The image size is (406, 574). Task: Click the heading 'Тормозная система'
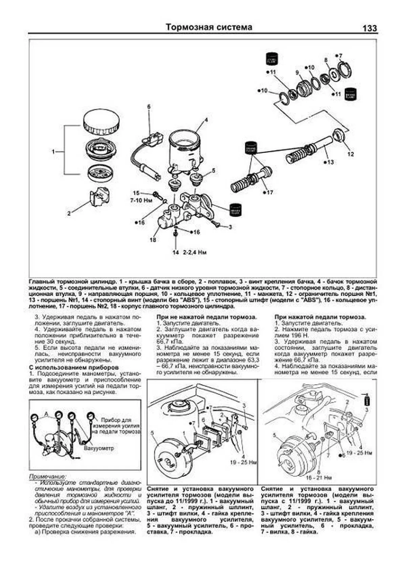[209, 27]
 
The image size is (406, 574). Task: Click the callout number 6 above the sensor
[149, 107]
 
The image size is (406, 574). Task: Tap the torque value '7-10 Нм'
[143, 200]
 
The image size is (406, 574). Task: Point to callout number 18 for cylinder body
[153, 240]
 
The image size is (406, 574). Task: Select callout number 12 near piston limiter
[351, 154]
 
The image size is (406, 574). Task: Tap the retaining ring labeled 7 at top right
[345, 67]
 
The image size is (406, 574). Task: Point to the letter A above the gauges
[47, 413]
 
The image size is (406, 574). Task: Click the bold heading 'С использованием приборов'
[73, 367]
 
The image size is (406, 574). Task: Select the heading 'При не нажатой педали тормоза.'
[206, 317]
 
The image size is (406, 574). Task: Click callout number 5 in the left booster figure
[152, 432]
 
